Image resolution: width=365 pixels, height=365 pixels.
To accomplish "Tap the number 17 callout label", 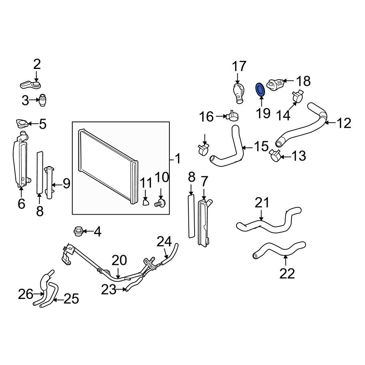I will tap(239, 67).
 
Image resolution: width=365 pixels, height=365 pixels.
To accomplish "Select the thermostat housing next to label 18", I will tap(276, 84).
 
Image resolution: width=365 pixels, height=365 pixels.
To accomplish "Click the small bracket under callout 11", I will tap(146, 201).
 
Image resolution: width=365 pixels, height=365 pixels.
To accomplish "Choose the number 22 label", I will tap(287, 273).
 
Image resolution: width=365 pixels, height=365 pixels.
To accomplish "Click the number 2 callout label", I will tap(37, 65).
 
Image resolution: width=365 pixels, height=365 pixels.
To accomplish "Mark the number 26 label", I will tap(26, 293).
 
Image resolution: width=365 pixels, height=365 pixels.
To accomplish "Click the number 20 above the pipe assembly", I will tap(119, 261).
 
